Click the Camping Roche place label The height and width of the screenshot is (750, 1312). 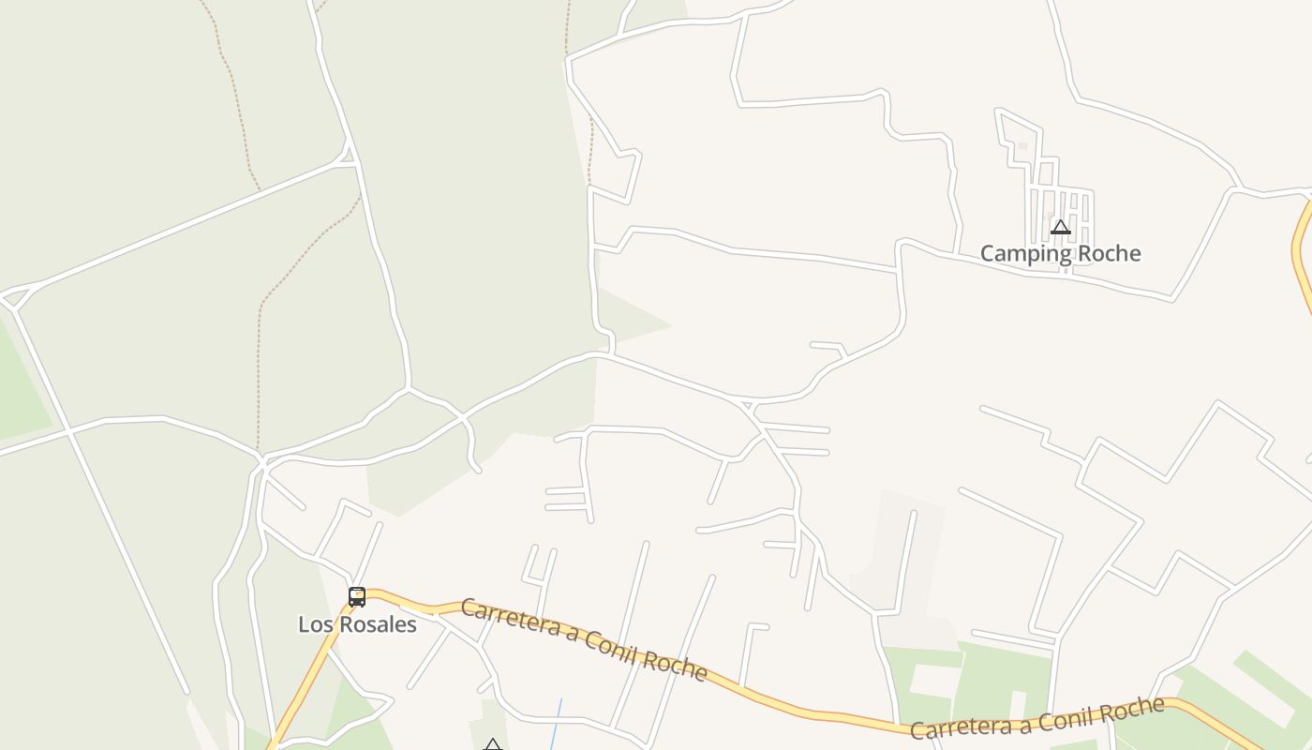tap(1060, 253)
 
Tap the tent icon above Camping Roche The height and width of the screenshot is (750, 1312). tap(1060, 227)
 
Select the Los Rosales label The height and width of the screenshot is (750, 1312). tap(357, 624)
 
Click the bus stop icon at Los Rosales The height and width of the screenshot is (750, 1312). tap(357, 597)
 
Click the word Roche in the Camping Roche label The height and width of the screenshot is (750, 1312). tap(1110, 253)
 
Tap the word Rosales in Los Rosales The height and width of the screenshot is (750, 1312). tap(375, 624)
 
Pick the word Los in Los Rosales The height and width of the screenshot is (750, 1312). tap(314, 624)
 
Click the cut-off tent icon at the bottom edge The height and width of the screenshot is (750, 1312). tap(493, 745)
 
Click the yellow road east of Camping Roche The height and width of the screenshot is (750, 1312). tap(1302, 253)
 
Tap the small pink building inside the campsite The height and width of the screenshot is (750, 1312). tap(1022, 146)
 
